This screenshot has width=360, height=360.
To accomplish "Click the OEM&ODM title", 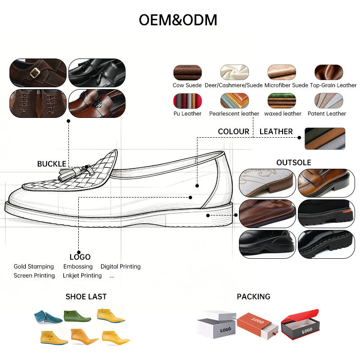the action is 178,20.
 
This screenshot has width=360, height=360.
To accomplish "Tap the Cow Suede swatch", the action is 187,72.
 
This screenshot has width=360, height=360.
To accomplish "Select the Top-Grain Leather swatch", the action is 328,72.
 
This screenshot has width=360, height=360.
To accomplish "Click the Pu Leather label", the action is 187,114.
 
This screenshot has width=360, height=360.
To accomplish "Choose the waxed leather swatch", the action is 282,100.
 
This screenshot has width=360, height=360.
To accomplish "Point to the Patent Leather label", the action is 327,114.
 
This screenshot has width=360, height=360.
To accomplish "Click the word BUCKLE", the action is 52,164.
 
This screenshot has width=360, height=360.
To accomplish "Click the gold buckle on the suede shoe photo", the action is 35,73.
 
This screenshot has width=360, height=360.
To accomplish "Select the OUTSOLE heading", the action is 294,162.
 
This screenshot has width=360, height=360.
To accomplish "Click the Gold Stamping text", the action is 34,266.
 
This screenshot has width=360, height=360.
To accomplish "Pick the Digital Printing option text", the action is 121,266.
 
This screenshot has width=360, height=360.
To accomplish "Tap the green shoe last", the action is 77,316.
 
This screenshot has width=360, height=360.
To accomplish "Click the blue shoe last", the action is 48,317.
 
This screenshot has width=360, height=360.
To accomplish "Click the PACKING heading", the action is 253,297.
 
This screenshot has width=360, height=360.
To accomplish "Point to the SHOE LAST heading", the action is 86,297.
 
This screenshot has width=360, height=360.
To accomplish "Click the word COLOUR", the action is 234,131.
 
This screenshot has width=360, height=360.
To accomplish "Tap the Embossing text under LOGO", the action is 78,266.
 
